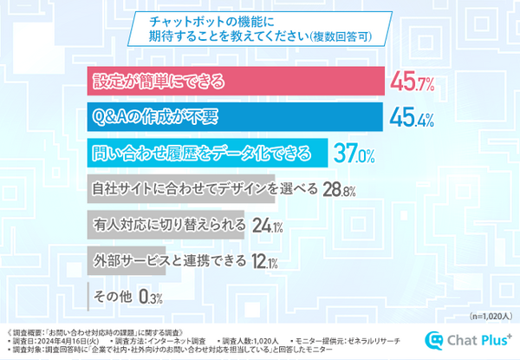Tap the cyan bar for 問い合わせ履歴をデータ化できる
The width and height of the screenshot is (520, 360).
208,154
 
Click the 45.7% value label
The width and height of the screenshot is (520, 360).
413,83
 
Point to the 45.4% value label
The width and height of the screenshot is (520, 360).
413,119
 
